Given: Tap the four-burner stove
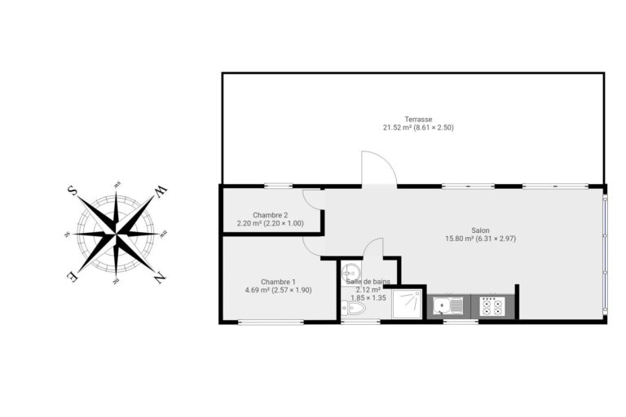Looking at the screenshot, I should [x=491, y=306].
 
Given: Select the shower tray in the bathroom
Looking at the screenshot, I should [x=407, y=305].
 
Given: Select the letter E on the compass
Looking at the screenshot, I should [x=73, y=276].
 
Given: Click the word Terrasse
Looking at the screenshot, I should [x=418, y=119].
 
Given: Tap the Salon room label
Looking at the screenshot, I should [x=481, y=230].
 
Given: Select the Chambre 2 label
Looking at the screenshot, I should [x=270, y=214].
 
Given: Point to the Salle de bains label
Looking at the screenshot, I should [x=368, y=281].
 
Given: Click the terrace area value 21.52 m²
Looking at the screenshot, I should [x=397, y=127].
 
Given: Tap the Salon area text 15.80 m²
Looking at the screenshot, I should [x=461, y=239].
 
